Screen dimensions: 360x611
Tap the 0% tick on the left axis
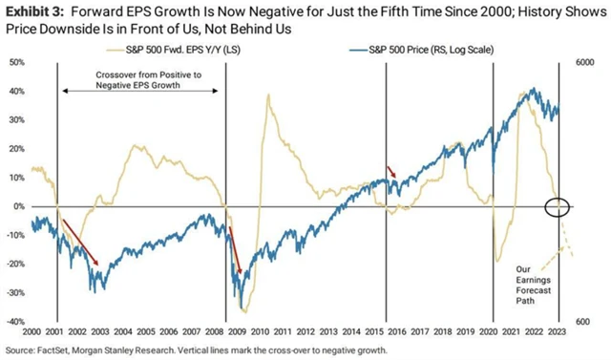pyautogui.click(x=17, y=206)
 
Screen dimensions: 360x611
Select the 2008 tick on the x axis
pyautogui.click(x=224, y=331)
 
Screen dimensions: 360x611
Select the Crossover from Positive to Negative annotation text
pyautogui.click(x=141, y=79)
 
